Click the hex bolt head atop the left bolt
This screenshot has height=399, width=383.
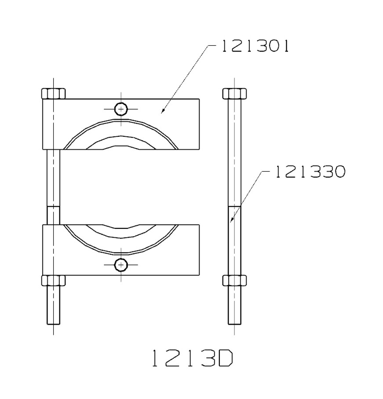point(53,93)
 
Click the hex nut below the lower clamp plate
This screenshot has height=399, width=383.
point(53,280)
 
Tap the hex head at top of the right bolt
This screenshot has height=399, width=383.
point(234,93)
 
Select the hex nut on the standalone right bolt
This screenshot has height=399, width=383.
point(234,280)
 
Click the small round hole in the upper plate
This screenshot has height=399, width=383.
point(121,109)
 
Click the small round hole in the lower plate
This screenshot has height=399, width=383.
point(121,265)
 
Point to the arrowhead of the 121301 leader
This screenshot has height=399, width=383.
point(161,112)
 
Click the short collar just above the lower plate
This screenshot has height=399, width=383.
point(53,216)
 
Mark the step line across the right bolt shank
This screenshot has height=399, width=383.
point(234,206)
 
